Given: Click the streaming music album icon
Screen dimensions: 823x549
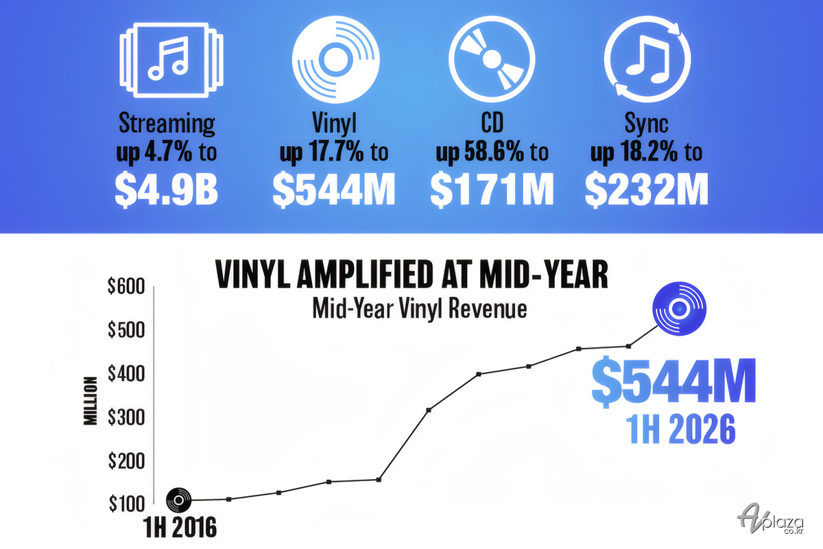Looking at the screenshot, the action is click(171, 60).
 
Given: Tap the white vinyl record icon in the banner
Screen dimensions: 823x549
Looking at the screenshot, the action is click(336, 60).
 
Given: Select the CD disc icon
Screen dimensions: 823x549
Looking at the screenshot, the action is click(492, 59).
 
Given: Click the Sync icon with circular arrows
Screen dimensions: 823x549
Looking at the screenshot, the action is click(647, 59).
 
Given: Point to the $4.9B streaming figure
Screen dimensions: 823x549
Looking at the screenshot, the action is click(167, 190).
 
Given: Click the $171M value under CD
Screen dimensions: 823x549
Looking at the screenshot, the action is click(492, 190).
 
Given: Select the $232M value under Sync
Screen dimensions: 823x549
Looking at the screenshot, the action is click(647, 190).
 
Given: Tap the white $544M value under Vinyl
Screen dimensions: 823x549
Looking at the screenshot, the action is click(334, 190).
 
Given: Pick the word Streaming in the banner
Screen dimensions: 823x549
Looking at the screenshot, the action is click(167, 123).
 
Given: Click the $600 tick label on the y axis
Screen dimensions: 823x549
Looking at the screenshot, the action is click(126, 286).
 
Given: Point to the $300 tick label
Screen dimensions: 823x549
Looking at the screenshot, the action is click(126, 417).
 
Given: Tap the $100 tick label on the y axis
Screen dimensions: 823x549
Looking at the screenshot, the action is click(127, 504).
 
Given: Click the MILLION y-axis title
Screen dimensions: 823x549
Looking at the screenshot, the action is click(91, 401).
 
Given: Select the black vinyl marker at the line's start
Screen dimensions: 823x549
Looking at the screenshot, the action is click(178, 500).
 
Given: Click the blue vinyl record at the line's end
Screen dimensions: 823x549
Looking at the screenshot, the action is click(680, 309).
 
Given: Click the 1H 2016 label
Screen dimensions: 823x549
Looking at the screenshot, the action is click(180, 528).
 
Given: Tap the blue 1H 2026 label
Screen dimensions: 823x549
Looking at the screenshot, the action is click(681, 429).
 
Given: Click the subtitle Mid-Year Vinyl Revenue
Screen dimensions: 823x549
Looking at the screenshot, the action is click(420, 309).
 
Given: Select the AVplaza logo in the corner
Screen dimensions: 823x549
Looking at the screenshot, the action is click(770, 519).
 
